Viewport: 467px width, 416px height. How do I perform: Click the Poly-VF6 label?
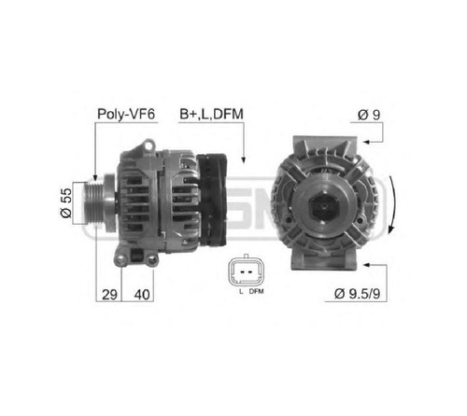(126, 114)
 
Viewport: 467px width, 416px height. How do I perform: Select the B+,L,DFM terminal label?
(211, 114)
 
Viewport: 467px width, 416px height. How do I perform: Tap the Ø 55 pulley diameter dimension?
(65, 202)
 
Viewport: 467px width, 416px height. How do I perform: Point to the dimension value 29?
(109, 294)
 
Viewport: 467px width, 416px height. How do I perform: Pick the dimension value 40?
(142, 294)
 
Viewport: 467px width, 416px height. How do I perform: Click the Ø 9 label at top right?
(369, 115)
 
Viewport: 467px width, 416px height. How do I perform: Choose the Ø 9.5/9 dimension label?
(357, 293)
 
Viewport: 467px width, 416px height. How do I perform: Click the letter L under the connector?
(241, 291)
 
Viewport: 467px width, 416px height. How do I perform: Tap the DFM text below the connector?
(256, 291)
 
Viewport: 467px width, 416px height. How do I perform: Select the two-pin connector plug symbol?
(246, 271)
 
